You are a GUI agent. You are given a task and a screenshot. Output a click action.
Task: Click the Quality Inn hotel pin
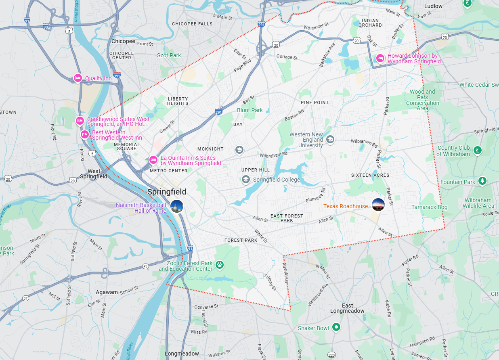click(78, 78)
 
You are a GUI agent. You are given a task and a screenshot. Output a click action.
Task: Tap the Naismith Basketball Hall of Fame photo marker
click(176, 206)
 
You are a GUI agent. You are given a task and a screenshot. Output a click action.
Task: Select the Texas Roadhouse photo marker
click(378, 205)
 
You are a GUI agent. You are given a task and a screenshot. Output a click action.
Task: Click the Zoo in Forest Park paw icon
click(220, 265)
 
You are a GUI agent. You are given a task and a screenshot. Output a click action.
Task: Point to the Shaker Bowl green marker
click(336, 327)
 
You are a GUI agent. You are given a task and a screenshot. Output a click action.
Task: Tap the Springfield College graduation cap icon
click(245, 179)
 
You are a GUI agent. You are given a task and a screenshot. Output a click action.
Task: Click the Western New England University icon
click(330, 140)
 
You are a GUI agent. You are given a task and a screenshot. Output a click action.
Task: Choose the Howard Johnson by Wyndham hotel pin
click(380, 59)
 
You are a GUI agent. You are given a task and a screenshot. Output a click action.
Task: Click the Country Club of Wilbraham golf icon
click(478, 151)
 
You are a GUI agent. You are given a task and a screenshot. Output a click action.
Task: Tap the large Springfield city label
click(167, 192)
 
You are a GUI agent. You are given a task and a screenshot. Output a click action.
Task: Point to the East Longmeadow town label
click(347, 308)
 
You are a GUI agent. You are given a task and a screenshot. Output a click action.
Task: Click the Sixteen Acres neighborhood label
click(370, 175)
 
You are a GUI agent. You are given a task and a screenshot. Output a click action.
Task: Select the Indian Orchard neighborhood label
click(370, 23)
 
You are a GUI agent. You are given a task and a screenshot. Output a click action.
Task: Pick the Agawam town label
click(107, 292)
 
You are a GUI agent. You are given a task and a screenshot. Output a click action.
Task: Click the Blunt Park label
click(249, 110)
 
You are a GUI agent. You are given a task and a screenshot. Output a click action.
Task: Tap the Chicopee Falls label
click(192, 24)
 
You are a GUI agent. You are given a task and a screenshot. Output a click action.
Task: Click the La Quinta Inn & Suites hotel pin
click(153, 160)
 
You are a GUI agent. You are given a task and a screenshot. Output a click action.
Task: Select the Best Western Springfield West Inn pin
click(85, 134)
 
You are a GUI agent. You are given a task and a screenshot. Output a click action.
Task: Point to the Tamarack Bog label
click(429, 207)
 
